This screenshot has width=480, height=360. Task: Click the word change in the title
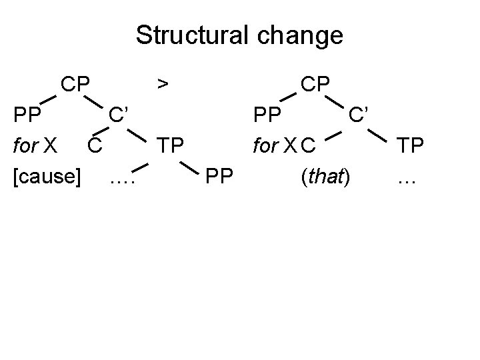click(299, 35)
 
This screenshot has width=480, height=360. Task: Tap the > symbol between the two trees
click(161, 84)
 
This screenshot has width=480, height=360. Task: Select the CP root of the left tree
click(77, 84)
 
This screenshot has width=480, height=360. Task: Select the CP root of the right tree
click(316, 84)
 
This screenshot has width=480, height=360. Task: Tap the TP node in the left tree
click(171, 145)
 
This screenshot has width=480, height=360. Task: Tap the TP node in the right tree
click(412, 145)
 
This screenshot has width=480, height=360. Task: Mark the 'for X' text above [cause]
click(38, 145)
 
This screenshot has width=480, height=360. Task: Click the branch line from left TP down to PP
click(191, 164)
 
